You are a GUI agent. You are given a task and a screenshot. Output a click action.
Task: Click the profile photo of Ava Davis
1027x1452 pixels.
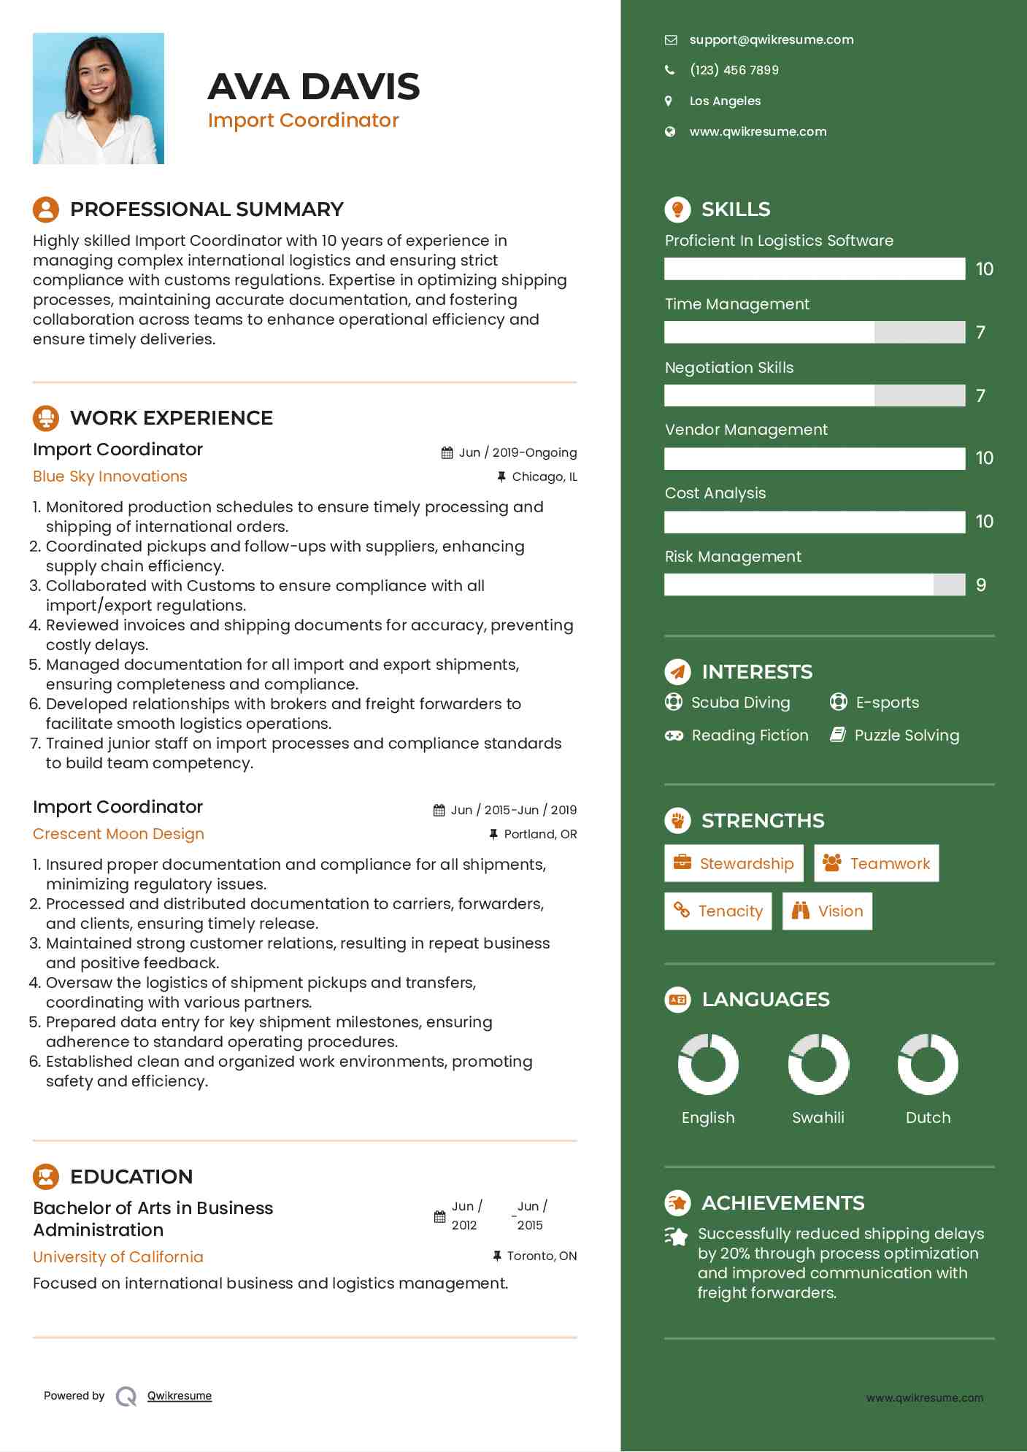pos(99,99)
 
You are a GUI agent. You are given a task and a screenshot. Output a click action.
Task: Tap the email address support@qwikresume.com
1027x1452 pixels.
pos(771,40)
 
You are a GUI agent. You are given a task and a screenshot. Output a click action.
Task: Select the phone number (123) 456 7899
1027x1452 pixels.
pos(734,70)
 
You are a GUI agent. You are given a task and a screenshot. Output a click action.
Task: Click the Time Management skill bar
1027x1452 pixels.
pos(814,333)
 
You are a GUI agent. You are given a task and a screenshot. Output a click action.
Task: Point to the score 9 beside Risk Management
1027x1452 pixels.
pos(980,585)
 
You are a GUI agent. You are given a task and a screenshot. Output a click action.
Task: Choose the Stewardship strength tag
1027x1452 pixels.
pos(734,864)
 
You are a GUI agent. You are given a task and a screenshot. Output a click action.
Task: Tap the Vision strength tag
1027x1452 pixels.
pos(827,911)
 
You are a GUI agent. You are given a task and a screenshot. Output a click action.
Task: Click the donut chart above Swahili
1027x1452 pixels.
pos(818,1065)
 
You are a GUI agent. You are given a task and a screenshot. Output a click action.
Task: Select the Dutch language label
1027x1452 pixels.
pos(928,1118)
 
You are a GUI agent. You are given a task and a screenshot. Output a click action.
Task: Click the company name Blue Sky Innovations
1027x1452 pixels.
pos(110,476)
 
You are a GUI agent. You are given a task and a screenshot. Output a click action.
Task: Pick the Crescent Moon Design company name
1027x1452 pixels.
pos(118,834)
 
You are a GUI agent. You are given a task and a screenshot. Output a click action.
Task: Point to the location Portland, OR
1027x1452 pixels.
pos(540,834)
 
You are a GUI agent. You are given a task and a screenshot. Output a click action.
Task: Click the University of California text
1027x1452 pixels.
pos(118,1257)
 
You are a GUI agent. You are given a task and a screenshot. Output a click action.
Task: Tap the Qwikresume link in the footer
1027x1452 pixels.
pos(180,1396)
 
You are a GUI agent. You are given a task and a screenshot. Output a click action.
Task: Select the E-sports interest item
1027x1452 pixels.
pos(887,703)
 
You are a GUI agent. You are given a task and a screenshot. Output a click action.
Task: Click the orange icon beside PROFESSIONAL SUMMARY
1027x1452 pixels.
pos(46,209)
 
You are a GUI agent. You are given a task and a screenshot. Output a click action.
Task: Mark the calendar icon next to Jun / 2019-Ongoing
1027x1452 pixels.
pos(447,453)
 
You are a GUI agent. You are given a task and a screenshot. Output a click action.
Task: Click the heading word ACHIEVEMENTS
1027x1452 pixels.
pos(782,1203)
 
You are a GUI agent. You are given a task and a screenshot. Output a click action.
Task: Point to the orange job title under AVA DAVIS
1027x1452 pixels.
pos(303,120)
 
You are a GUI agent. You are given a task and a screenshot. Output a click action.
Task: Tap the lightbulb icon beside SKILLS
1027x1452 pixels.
pos(677,209)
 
